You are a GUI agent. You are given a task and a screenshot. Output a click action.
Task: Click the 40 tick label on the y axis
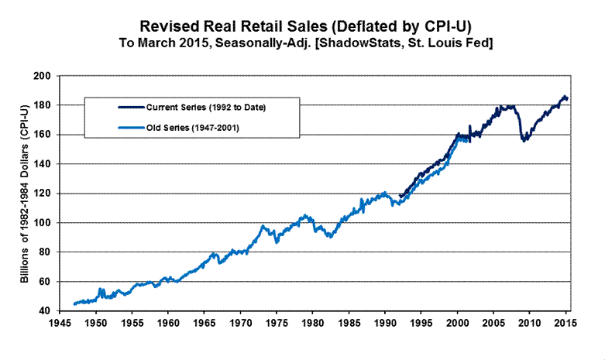point(46,311)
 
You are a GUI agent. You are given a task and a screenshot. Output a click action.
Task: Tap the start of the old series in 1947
point(74,303)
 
